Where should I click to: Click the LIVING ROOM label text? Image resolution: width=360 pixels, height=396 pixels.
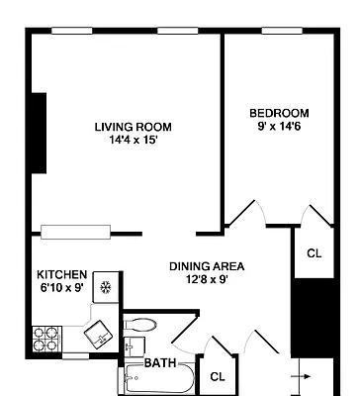pyautogui.click(x=133, y=127)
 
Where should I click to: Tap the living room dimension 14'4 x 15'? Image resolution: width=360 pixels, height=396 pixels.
pyautogui.click(x=133, y=141)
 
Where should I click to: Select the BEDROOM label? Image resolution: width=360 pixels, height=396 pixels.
pyautogui.click(x=279, y=113)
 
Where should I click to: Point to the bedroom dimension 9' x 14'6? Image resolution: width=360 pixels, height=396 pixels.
pyautogui.click(x=279, y=127)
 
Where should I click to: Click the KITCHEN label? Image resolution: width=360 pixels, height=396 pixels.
pyautogui.click(x=62, y=274)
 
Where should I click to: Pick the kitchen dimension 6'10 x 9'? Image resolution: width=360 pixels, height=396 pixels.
pyautogui.click(x=62, y=288)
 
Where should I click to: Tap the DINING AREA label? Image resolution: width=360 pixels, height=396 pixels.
pyautogui.click(x=207, y=266)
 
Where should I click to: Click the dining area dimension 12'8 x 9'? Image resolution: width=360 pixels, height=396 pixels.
pyautogui.click(x=207, y=280)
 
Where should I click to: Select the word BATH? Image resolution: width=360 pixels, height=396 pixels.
pyautogui.click(x=160, y=363)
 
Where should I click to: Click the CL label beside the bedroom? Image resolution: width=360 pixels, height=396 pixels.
pyautogui.click(x=314, y=253)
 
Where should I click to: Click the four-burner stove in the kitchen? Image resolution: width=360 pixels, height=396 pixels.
pyautogui.click(x=45, y=340)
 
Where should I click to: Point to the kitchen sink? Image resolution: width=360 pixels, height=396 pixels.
pyautogui.click(x=98, y=336)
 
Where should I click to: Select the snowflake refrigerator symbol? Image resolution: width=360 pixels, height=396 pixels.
pyautogui.click(x=109, y=283)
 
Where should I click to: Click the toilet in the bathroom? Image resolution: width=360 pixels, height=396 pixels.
pyautogui.click(x=141, y=325)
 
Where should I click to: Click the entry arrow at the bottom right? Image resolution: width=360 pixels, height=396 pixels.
pyautogui.click(x=307, y=377)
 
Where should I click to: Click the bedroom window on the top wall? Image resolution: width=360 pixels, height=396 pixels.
pyautogui.click(x=281, y=31)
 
